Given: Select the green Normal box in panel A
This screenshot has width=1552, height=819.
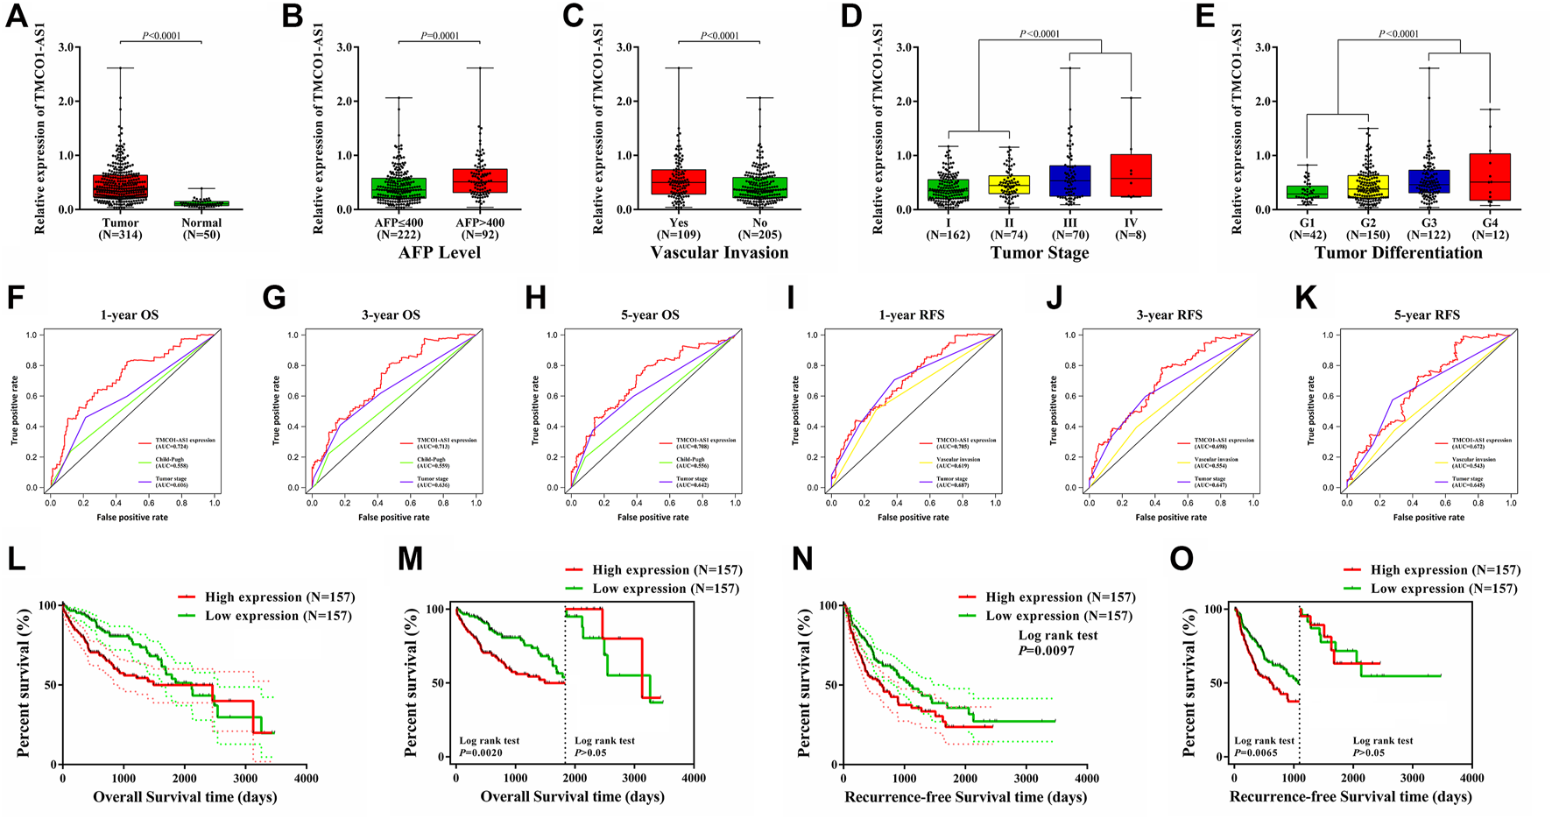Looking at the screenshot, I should pos(201,203).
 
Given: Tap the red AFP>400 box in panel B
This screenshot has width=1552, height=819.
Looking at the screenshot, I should pos(480,180).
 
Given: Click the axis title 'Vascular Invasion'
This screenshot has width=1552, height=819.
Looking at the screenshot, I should pos(719,253).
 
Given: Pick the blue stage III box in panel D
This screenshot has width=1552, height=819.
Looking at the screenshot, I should pos(1069,180).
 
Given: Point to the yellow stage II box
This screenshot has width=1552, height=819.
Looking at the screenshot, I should pos(1009,185).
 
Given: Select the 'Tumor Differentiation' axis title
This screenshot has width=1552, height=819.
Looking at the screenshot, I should pos(1398,253).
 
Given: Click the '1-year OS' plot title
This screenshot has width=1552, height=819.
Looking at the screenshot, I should pos(131,315).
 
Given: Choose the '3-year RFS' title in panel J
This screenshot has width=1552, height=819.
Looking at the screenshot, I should pos(1169,315).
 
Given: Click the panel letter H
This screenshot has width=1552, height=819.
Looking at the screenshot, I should pos(535,299).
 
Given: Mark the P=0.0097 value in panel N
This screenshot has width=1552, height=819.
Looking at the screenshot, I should pos(1046,651).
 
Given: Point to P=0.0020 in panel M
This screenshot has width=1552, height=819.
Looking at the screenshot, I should pos(482,752).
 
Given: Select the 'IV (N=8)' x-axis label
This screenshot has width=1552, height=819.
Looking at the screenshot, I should pos(1131,229).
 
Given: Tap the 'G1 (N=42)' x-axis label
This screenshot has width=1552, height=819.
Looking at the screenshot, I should pos(1308,229).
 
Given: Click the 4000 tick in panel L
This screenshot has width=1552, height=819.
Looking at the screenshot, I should pos(306,778).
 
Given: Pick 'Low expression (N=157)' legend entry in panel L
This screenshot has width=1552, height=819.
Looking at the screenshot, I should pos(278,616).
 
